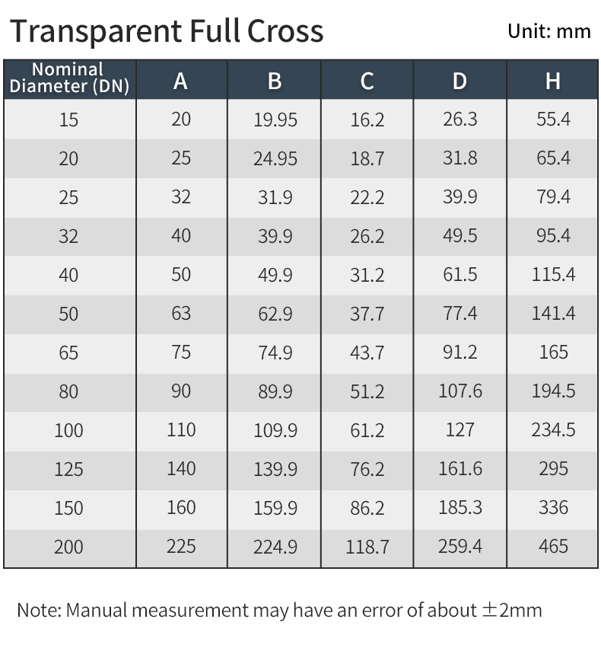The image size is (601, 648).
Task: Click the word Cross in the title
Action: (x=285, y=31)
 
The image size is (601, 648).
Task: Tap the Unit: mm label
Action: (x=549, y=31)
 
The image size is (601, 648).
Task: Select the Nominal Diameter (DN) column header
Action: (x=69, y=79)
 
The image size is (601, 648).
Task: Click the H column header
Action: (x=553, y=80)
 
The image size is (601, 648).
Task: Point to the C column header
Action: (x=367, y=80)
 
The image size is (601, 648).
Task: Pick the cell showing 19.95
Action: (x=275, y=120)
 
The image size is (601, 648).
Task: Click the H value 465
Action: (x=553, y=546)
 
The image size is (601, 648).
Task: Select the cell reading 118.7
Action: (x=367, y=547)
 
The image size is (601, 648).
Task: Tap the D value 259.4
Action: (x=459, y=546)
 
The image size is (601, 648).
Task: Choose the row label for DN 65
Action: (x=68, y=353)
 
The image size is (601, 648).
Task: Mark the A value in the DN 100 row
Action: (x=181, y=430)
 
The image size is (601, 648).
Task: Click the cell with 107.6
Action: (x=459, y=391)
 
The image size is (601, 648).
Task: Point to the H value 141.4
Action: (x=553, y=313)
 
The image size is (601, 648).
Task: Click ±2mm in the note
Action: (x=511, y=610)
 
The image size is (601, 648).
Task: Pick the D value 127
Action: (x=459, y=430)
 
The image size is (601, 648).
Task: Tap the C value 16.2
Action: (x=367, y=120)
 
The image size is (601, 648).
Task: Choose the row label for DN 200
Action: (x=68, y=547)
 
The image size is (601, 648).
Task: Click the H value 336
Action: (x=553, y=507)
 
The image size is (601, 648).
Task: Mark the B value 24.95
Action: (x=275, y=158)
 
